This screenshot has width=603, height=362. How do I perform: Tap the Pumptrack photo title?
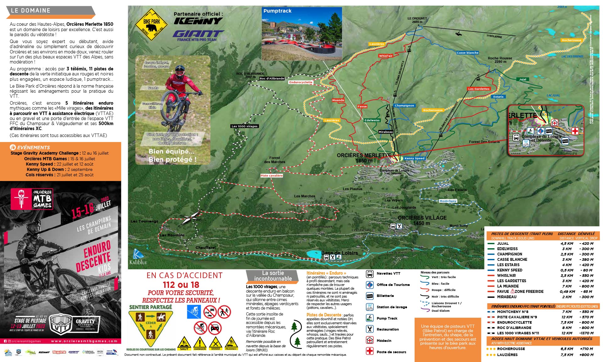pos(277,11)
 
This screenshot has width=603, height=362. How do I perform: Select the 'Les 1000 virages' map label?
pos(244,126)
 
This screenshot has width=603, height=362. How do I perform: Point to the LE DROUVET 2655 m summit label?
pos(417,20)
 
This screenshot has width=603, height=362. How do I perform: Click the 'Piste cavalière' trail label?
pos(272,176)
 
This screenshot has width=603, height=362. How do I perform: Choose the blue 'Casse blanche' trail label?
pos(467,53)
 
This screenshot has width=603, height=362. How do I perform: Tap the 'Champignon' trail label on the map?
pos(404,106)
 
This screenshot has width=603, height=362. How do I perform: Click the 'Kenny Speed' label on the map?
pos(414,158)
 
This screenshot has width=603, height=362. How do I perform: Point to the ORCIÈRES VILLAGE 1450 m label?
pos(422,220)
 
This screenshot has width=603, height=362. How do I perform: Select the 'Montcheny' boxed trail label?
pos(448,201)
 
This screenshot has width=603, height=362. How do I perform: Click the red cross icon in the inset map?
pos(575,131)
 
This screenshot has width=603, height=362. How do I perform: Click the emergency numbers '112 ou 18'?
pos(181,285)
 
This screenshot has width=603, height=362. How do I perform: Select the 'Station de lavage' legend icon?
pos(370,307)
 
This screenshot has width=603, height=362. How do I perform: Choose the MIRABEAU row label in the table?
pos(507,297)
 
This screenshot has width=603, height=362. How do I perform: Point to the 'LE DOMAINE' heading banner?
pos(30,10)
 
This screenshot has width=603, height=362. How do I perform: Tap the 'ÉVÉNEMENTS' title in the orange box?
pos(33,147)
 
